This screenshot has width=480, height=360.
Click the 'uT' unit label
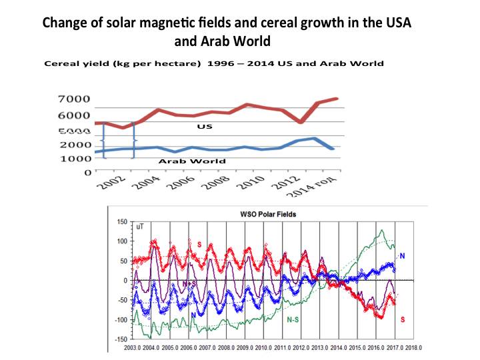tap(139, 227)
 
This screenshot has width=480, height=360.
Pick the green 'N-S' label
tap(293, 320)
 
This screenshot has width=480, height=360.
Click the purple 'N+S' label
tap(189, 283)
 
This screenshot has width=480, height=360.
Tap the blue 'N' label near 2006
tap(193, 315)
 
